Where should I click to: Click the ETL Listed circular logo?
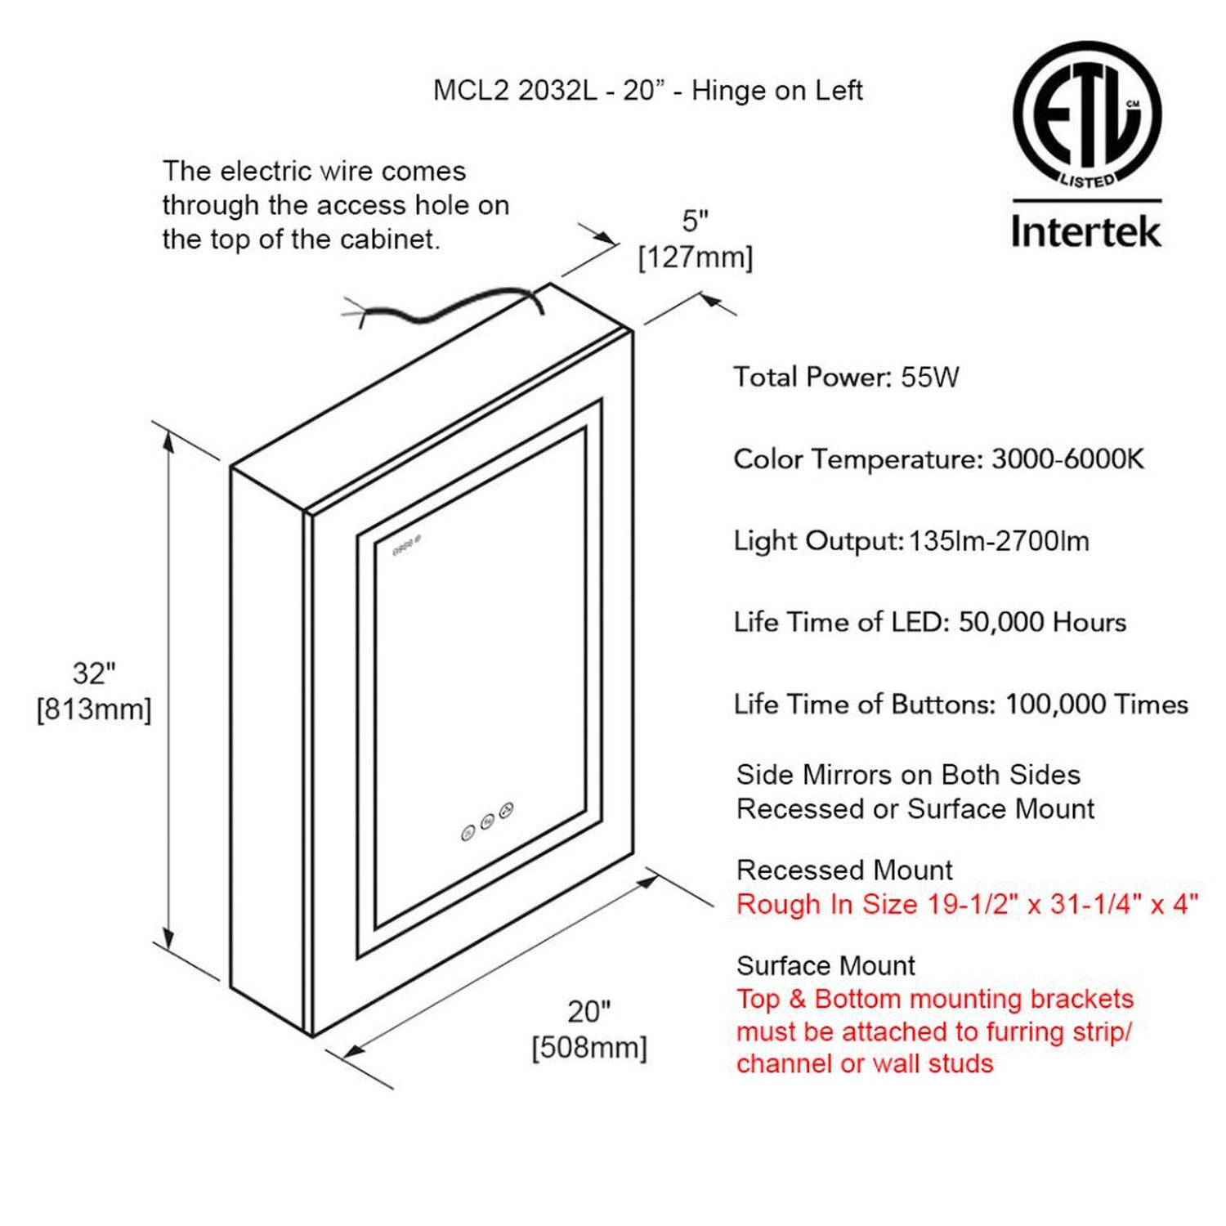(1086, 114)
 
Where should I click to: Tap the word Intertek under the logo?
(1085, 231)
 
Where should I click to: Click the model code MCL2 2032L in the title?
(514, 91)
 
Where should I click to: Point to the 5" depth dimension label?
(695, 221)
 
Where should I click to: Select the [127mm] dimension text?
(695, 257)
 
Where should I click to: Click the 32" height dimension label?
(94, 673)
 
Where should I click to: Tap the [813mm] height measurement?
(94, 709)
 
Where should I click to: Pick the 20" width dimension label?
(588, 1012)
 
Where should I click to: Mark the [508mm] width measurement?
(588, 1047)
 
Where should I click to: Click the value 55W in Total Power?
(929, 378)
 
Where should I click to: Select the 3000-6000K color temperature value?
(1067, 459)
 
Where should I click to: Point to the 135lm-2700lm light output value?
(999, 541)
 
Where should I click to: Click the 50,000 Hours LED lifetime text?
(1042, 623)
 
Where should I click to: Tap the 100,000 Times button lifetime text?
(1096, 705)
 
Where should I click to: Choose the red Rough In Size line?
(967, 904)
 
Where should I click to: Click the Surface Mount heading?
(826, 965)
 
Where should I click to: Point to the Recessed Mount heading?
(844, 870)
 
